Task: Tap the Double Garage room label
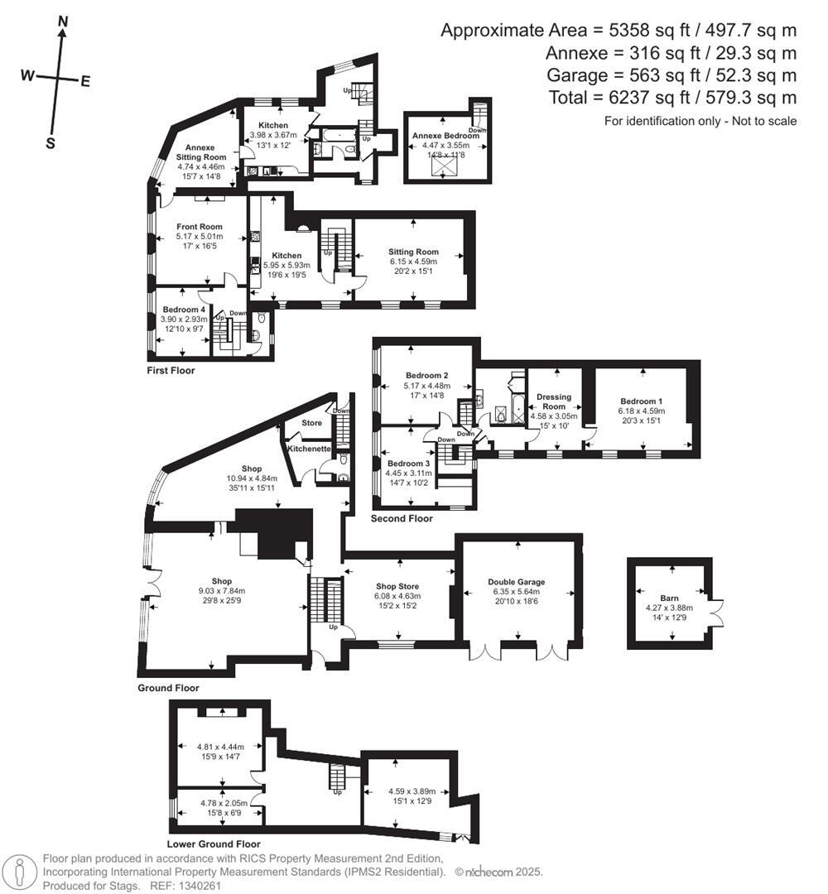point(517,582)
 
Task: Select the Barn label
point(669,597)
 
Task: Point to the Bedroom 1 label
point(641,401)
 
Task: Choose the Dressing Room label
point(553,401)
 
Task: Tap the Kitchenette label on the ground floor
point(309,448)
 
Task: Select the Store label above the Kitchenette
point(311,423)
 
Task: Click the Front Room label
point(199,227)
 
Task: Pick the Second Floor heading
point(402,519)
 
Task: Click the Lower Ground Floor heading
point(214,844)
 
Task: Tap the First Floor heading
point(171,370)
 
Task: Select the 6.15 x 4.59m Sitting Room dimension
point(414,262)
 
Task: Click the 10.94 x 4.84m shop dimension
point(251,478)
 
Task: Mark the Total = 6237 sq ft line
point(672,98)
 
